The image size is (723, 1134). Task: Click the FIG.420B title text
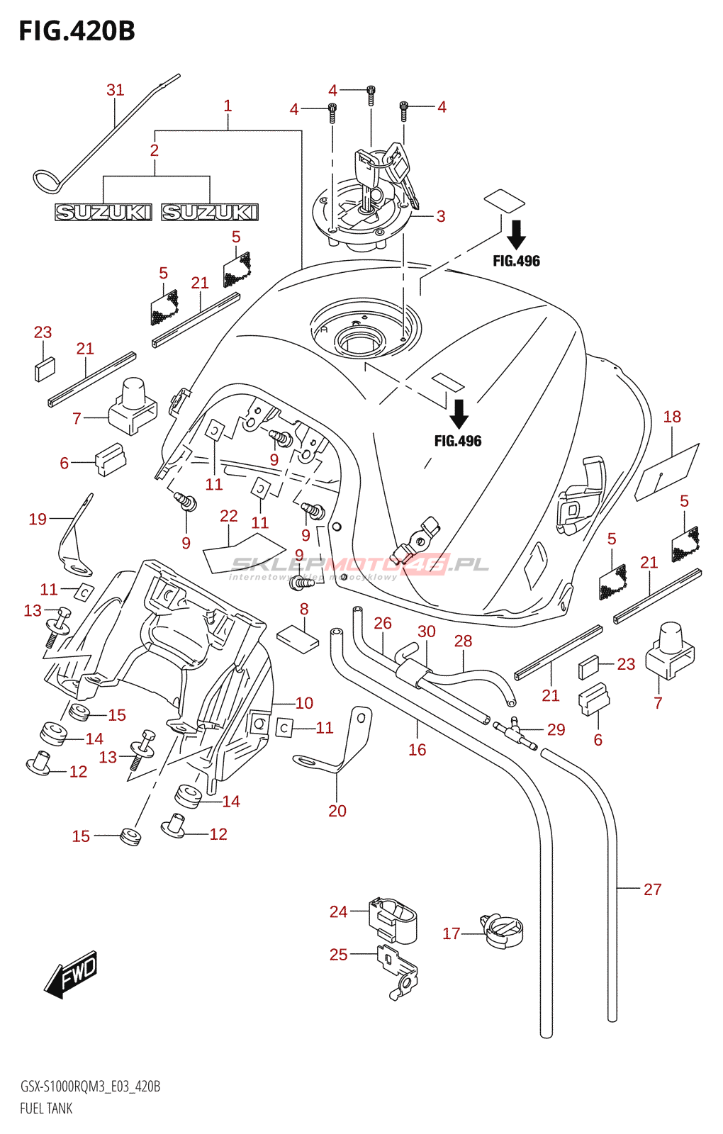77,31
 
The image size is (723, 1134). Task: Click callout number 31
115,90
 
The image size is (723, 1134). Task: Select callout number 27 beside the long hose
652,889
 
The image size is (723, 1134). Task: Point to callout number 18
672,417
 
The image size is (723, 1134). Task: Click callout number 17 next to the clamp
452,934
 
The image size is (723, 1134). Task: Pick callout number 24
339,912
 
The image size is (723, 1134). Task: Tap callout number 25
339,955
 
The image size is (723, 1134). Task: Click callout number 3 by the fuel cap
441,216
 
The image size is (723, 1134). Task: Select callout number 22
229,516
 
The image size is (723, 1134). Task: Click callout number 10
304,703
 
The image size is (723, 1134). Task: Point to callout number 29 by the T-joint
556,730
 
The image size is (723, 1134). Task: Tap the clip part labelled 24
393,919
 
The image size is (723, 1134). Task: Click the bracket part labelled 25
398,970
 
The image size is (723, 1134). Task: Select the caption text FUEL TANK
46,1108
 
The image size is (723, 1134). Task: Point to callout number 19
38,520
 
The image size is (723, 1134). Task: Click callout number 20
337,811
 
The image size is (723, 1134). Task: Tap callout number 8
304,609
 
